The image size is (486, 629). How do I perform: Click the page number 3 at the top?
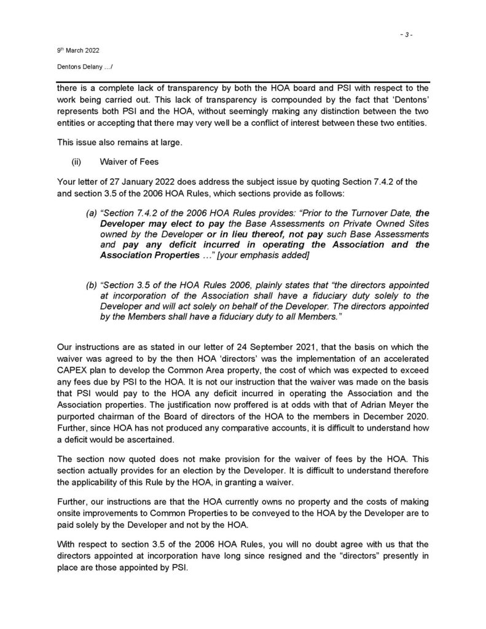406,35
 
